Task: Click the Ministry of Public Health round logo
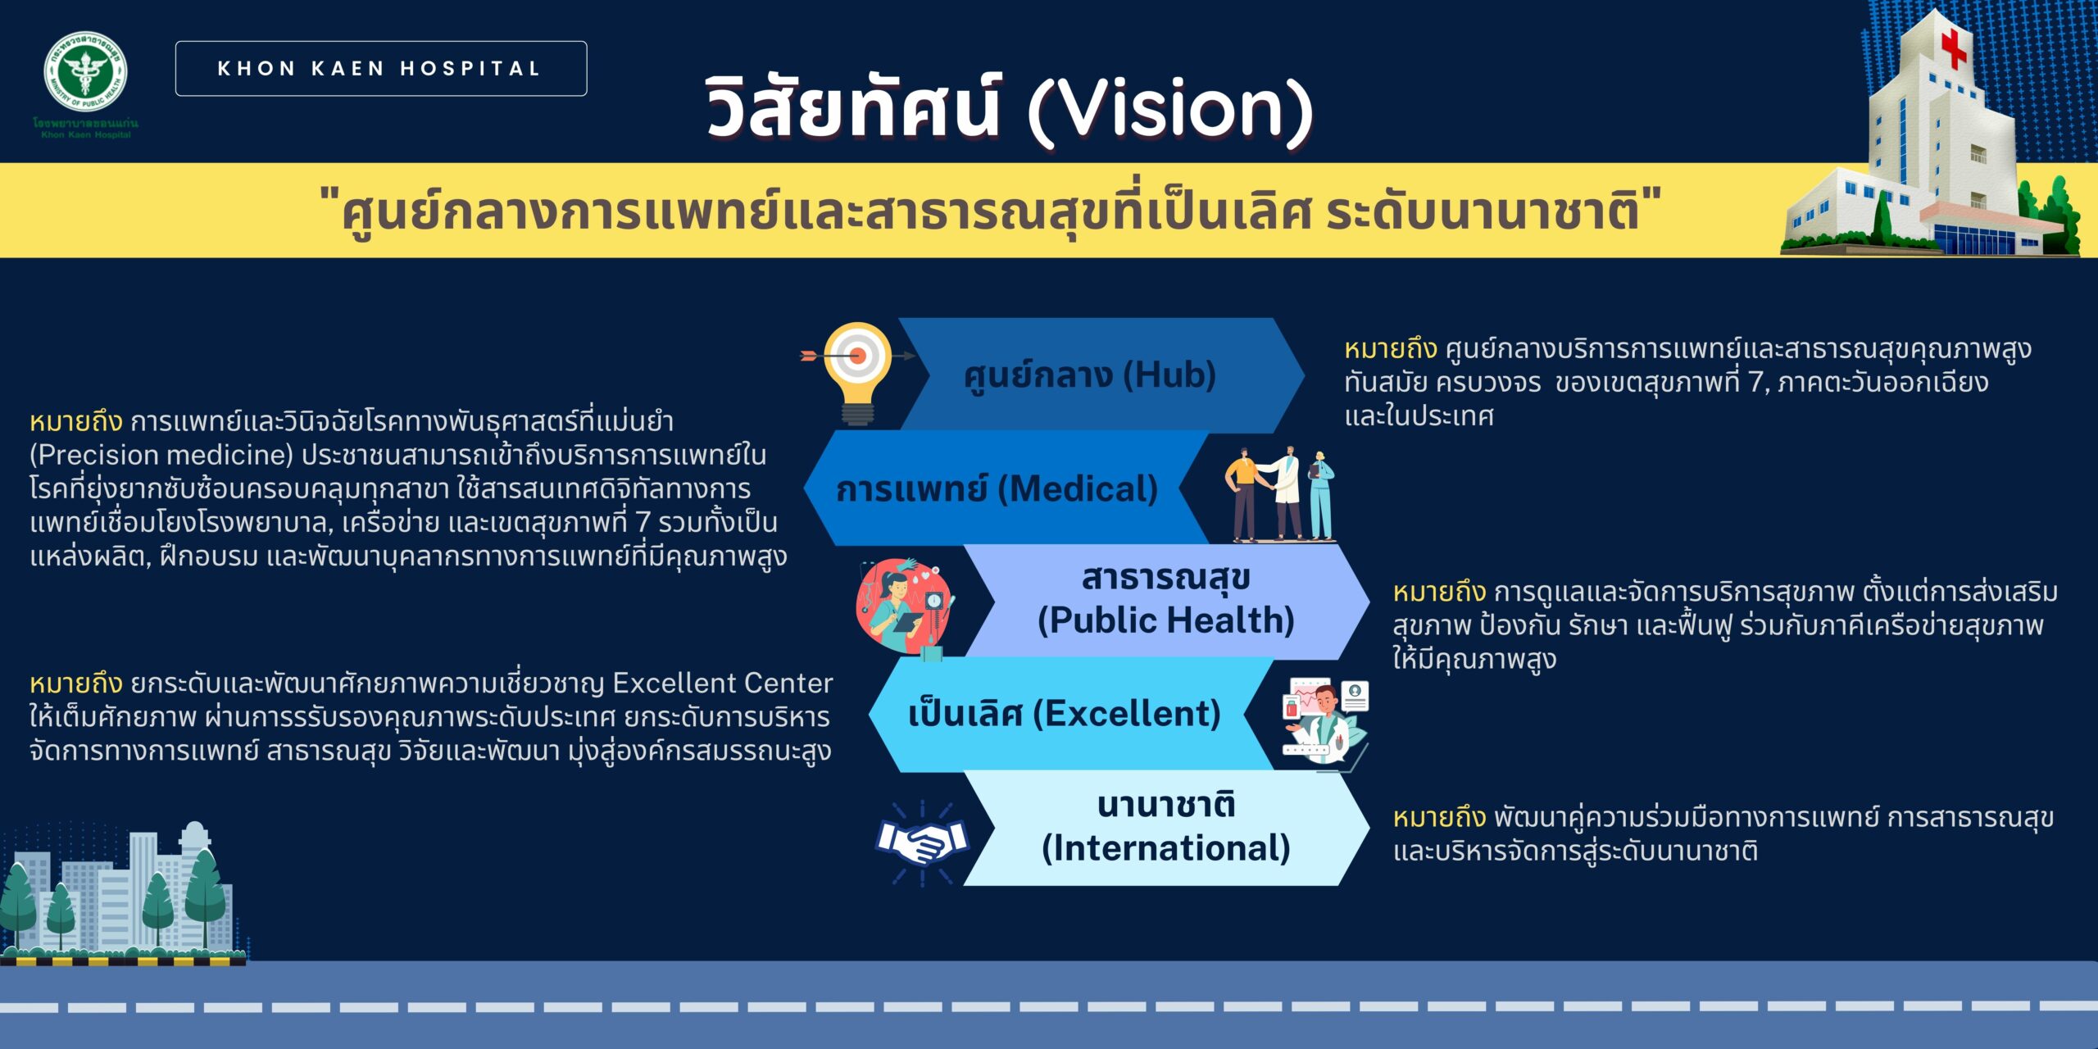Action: [x=85, y=72]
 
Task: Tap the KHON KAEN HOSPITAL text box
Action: [x=381, y=69]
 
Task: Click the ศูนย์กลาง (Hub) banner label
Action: [x=1089, y=376]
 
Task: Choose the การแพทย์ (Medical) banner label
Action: [x=997, y=489]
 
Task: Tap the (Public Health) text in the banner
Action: [x=1166, y=620]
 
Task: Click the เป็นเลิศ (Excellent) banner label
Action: [x=1065, y=714]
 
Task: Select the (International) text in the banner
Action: [x=1166, y=848]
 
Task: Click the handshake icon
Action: [x=922, y=842]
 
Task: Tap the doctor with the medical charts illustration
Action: [x=1324, y=721]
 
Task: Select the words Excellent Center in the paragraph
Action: [x=723, y=683]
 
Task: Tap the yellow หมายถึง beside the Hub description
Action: [x=1391, y=350]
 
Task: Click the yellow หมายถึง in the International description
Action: [x=1440, y=818]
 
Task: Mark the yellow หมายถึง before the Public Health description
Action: [x=1440, y=592]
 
